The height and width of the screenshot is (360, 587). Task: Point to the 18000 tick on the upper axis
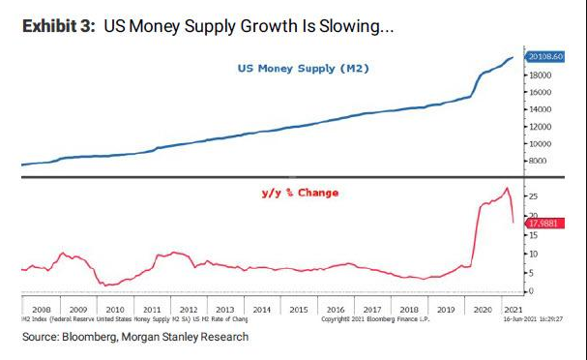tap(540, 75)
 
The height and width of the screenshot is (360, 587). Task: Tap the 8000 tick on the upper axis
tap(538, 161)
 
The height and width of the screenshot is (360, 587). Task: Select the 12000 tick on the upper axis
tap(540, 127)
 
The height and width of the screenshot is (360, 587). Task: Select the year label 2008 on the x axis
tap(43, 310)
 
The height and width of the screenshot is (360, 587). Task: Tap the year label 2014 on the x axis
tap(261, 310)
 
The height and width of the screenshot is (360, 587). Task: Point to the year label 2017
tap(368, 310)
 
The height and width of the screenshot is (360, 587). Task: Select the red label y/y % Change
tap(300, 193)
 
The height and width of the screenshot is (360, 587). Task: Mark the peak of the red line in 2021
tap(507, 188)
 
